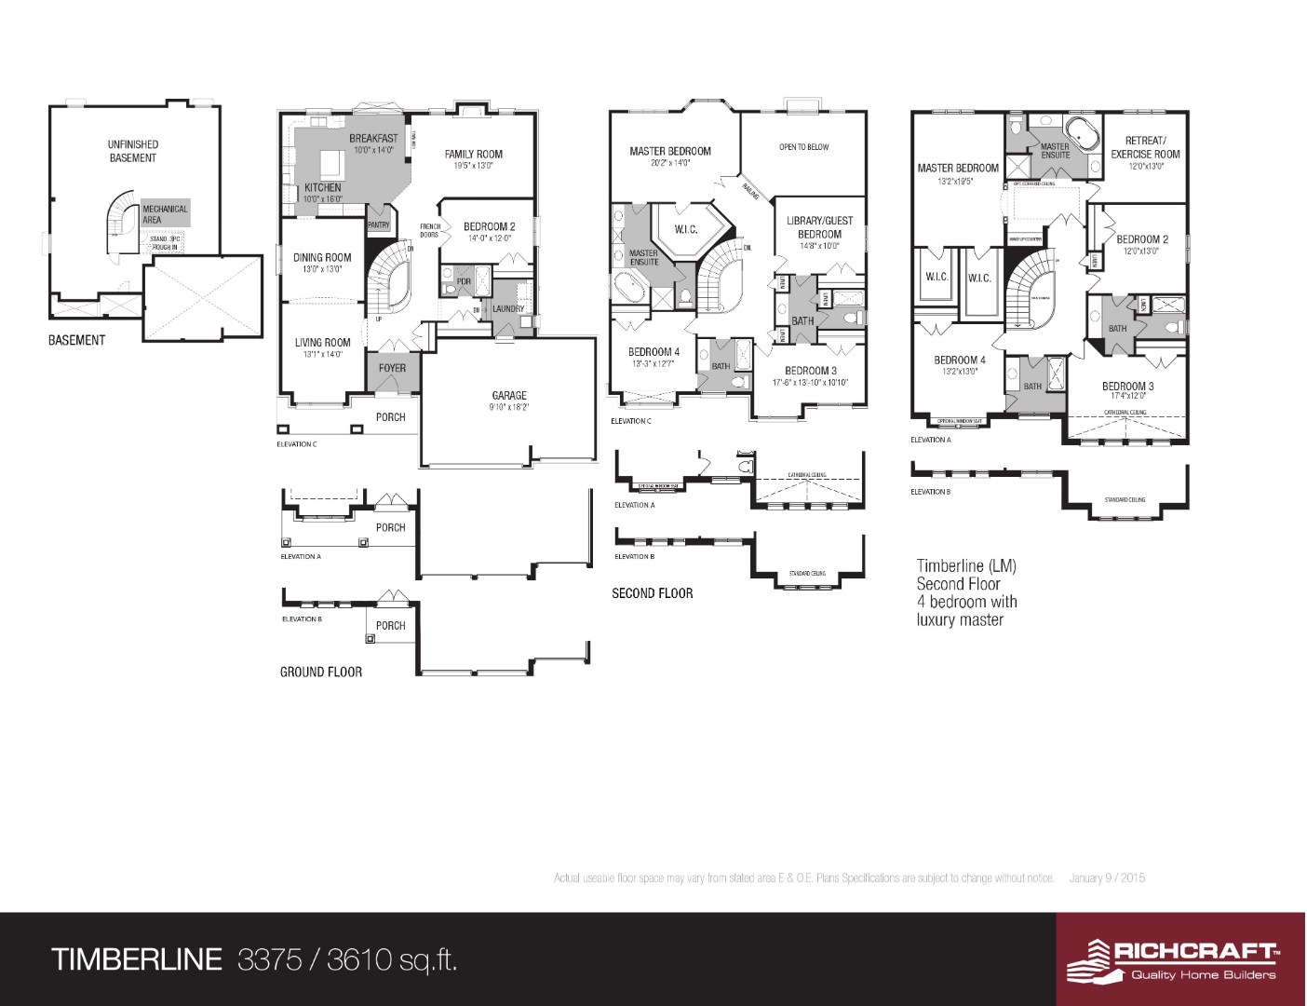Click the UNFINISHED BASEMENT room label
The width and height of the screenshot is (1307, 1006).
click(133, 151)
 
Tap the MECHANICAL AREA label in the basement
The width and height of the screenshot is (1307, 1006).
click(165, 214)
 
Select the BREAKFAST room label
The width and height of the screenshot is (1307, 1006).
click(373, 139)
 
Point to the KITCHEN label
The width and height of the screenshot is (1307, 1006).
click(323, 187)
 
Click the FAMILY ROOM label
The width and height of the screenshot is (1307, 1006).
click(473, 155)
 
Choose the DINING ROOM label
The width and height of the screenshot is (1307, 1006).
click(322, 258)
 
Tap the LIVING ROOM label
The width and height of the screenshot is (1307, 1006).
click(322, 343)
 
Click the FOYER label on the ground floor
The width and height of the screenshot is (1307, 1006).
click(392, 368)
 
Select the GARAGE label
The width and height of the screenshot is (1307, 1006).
click(509, 396)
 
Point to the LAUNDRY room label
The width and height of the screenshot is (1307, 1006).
click(508, 309)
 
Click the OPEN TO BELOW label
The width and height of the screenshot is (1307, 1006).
click(803, 147)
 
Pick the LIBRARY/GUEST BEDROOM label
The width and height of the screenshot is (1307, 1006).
click(819, 227)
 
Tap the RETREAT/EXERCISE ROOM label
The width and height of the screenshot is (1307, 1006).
click(1145, 147)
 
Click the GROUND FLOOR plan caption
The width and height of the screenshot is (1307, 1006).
click(321, 672)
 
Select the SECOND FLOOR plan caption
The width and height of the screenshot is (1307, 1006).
click(652, 593)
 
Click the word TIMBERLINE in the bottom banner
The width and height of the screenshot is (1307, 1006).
click(137, 959)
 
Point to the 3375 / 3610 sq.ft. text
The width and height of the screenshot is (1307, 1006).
click(347, 959)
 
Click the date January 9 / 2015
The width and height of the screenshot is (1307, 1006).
click(1107, 877)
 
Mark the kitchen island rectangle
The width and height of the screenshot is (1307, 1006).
click(331, 164)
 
